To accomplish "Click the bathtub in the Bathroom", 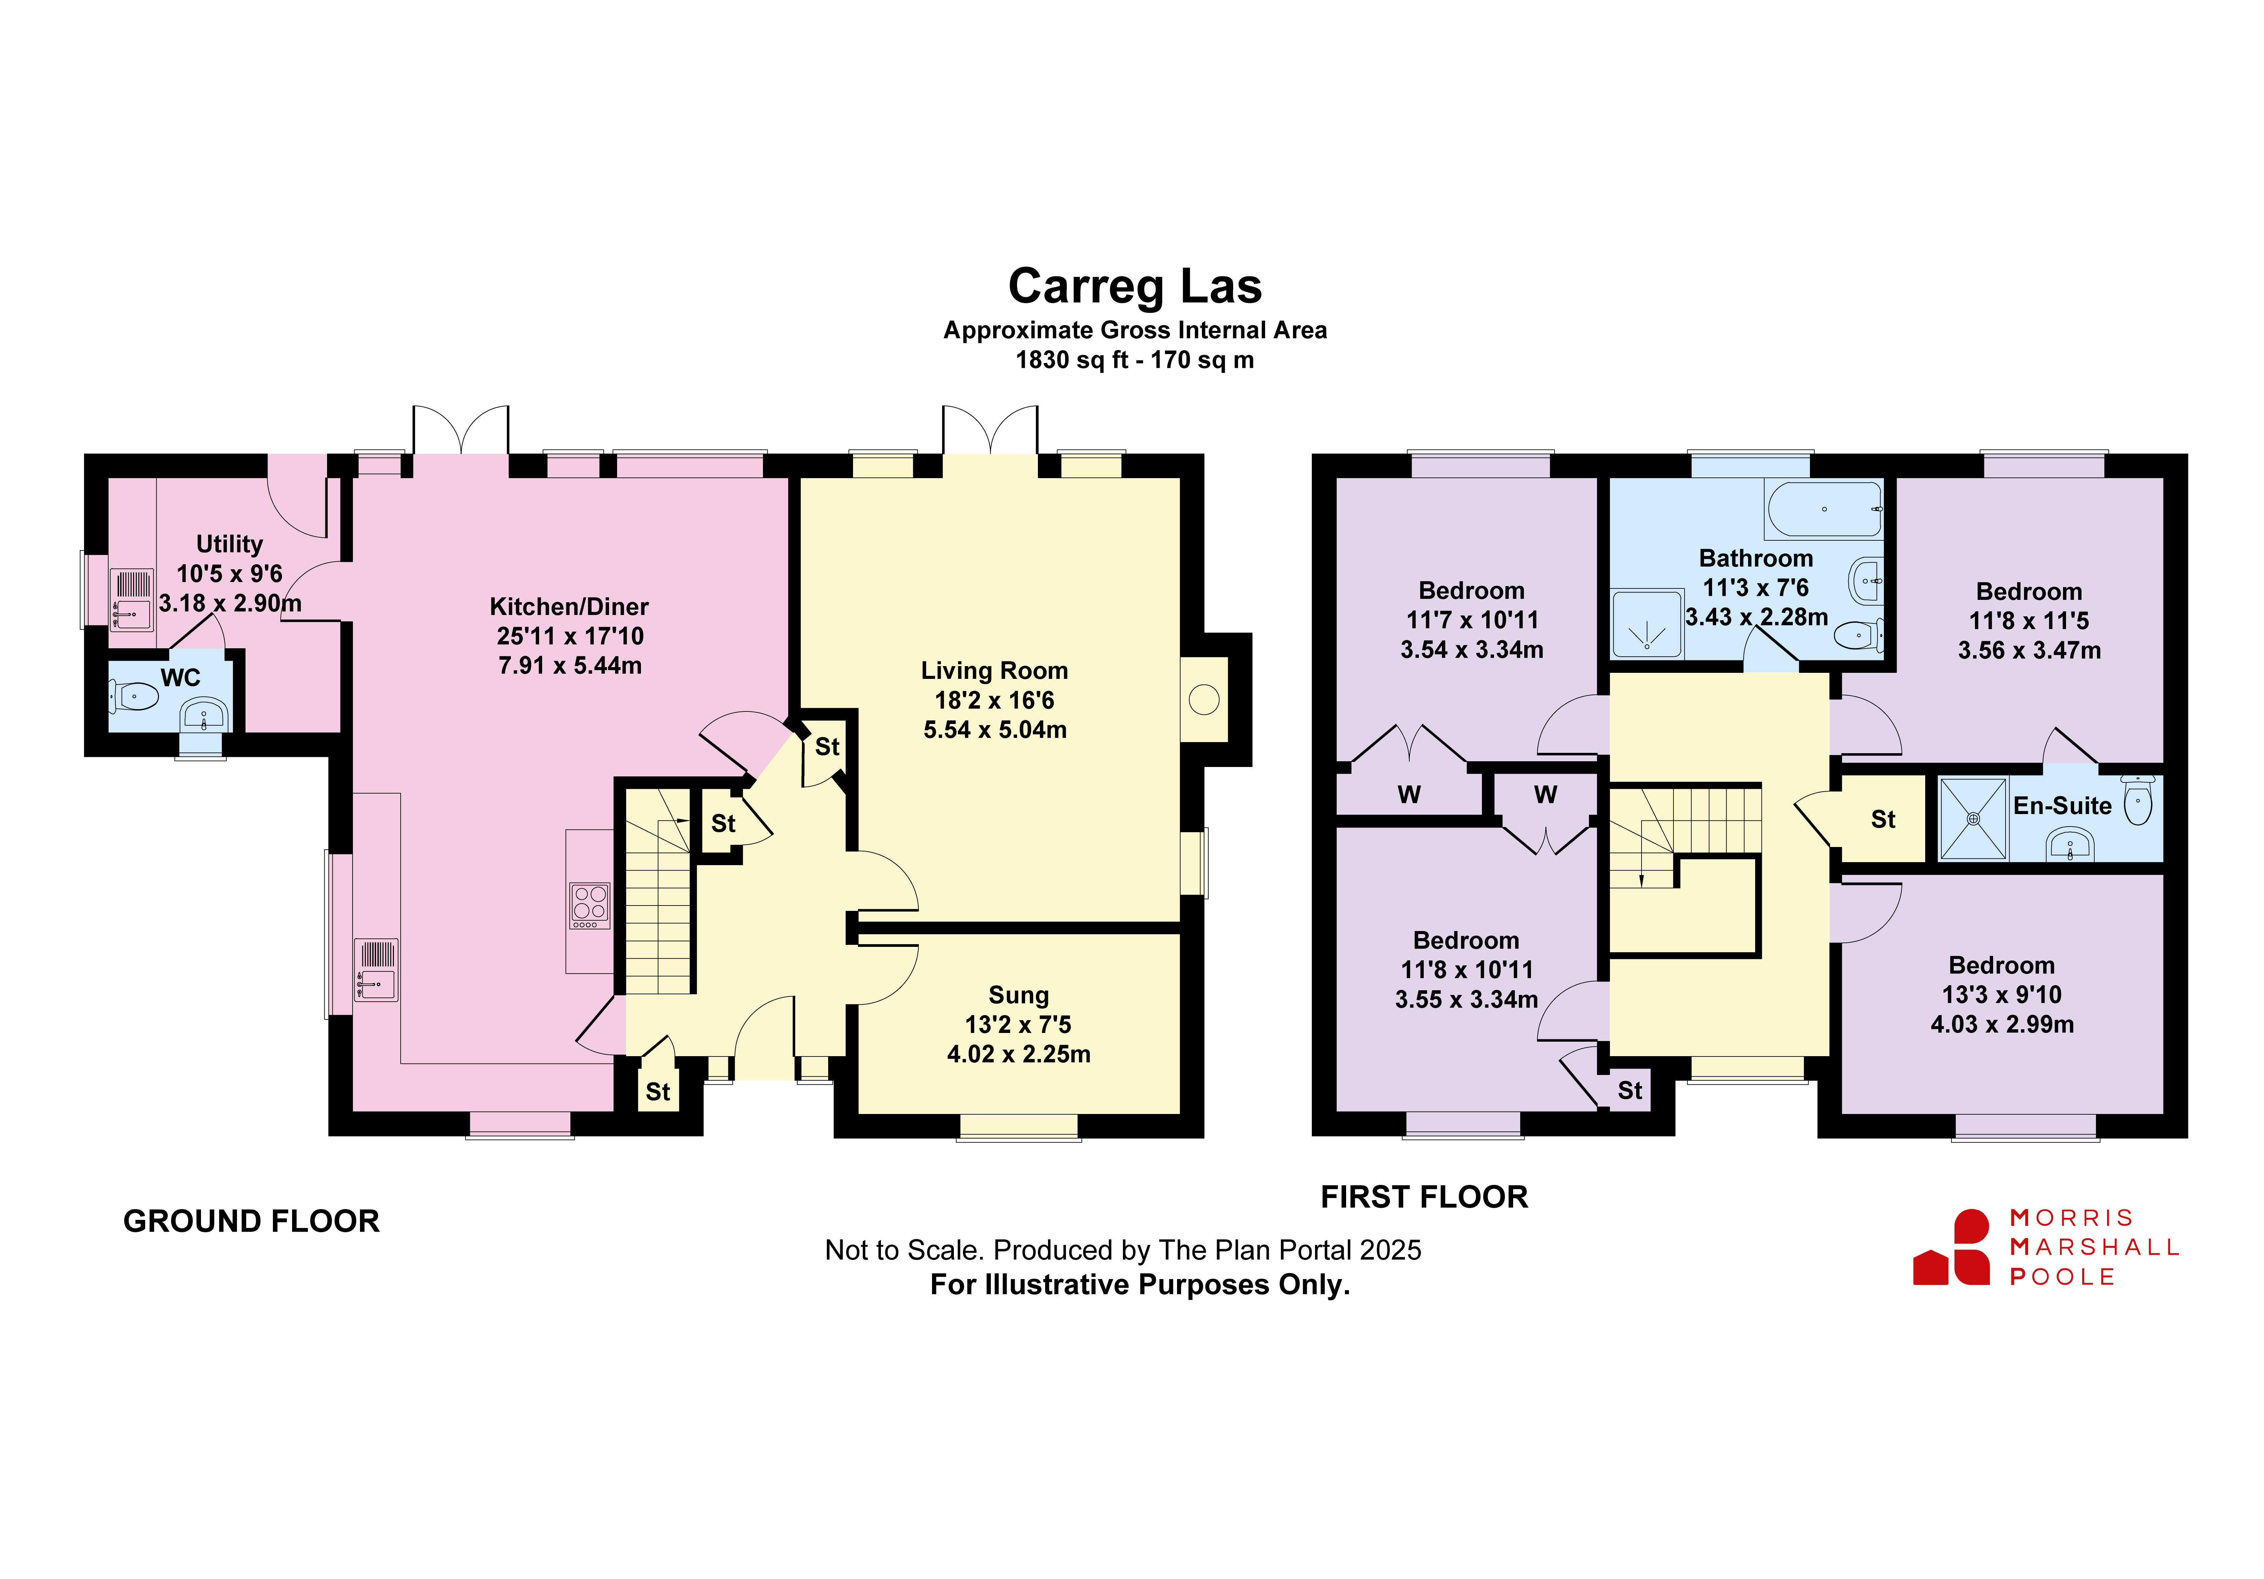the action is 1824,509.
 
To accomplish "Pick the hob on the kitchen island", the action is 590,904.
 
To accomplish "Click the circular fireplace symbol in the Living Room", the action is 1204,700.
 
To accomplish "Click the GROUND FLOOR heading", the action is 251,1221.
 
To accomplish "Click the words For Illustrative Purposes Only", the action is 1140,1285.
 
